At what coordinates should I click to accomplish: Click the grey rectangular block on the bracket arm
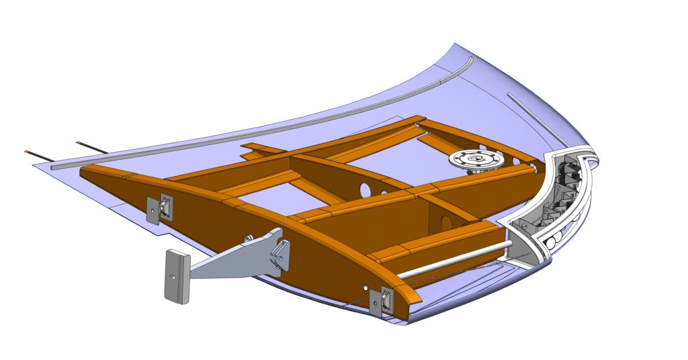[177, 275]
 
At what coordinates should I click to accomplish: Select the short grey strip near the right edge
[534, 114]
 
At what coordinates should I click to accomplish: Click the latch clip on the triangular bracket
[278, 255]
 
